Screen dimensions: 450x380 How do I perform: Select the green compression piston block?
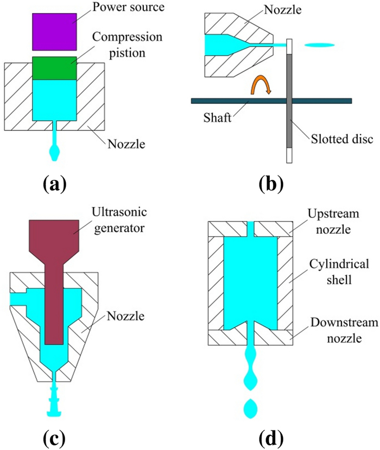coord(54,67)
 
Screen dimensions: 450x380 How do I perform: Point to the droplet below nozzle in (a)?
coord(54,153)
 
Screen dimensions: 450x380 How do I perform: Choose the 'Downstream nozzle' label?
coord(332,329)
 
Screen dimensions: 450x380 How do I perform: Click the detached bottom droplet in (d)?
coord(250,408)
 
